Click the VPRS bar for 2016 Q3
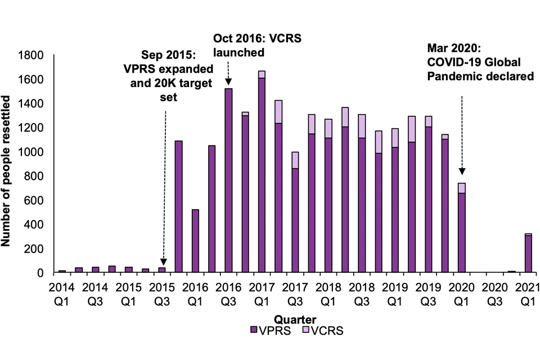tap(228, 180)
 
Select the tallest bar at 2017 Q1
tap(262, 174)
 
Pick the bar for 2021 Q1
tap(528, 253)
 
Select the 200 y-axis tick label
tap(35, 249)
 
